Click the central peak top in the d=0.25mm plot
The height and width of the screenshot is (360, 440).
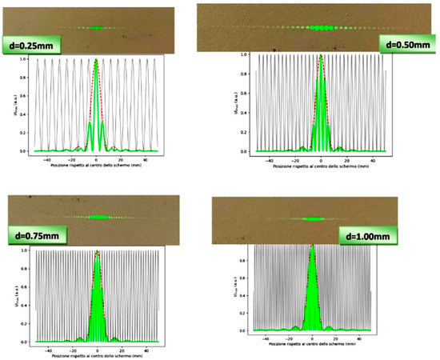96,60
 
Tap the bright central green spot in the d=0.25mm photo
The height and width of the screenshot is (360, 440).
97,28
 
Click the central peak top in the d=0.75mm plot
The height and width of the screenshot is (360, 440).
97,252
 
